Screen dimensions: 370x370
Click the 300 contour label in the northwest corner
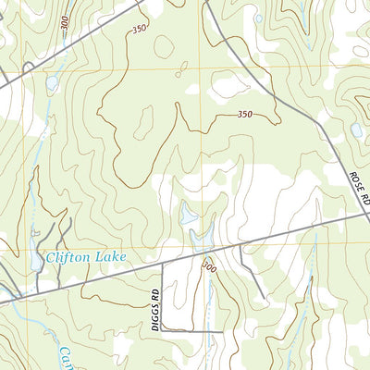click(x=63, y=27)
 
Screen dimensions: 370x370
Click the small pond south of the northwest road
click(x=52, y=83)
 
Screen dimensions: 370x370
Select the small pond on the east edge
click(x=356, y=130)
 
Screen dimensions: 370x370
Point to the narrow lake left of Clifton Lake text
click(x=35, y=262)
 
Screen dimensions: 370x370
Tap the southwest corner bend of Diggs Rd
click(x=163, y=330)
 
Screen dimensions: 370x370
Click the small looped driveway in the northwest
click(x=28, y=67)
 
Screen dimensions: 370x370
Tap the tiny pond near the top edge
click(x=258, y=18)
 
